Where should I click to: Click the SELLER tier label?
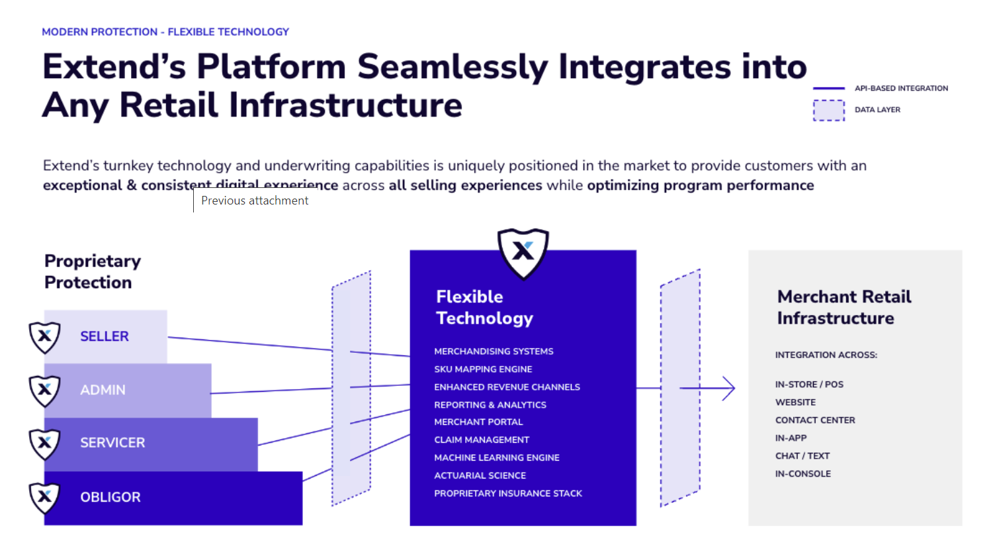click(105, 336)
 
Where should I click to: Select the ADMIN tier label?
click(103, 390)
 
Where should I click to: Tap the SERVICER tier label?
click(112, 443)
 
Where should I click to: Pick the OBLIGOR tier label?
click(110, 497)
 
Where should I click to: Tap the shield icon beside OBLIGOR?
click(45, 497)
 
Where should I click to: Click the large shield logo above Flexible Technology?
click(523, 252)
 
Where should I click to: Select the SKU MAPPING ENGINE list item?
click(483, 369)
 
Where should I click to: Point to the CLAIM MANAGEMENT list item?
click(482, 440)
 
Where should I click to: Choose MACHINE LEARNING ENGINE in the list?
click(497, 458)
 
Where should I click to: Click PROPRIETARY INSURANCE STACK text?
click(508, 494)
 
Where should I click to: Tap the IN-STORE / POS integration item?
click(809, 385)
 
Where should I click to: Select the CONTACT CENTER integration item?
click(815, 420)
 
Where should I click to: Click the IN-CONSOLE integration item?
click(803, 474)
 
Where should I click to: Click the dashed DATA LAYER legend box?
click(828, 110)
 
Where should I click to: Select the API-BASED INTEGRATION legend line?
click(828, 88)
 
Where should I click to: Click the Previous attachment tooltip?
click(255, 201)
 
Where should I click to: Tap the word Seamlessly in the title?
click(453, 67)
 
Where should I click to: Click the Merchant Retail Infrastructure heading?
click(844, 307)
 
